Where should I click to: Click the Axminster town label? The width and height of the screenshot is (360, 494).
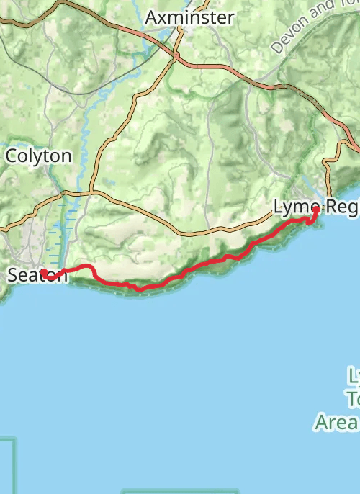tap(189, 17)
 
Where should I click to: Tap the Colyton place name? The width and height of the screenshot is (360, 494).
tap(39, 156)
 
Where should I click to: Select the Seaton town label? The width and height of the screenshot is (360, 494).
tap(38, 275)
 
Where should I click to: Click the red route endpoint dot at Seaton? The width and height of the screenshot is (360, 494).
tap(44, 273)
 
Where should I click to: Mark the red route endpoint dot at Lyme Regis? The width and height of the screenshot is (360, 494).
tap(315, 210)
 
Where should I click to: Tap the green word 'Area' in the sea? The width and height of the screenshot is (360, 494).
tap(336, 421)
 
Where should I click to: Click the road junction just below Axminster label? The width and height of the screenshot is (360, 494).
tap(176, 55)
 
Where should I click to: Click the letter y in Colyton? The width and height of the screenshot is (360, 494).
tap(36, 157)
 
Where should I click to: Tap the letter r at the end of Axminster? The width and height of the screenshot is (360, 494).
tap(230, 18)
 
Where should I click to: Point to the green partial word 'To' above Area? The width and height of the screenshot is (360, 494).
tap(354, 398)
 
